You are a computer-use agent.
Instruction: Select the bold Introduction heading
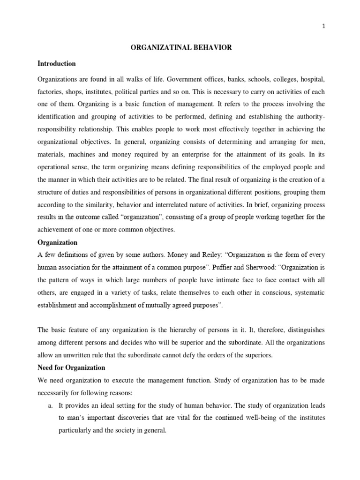57,63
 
